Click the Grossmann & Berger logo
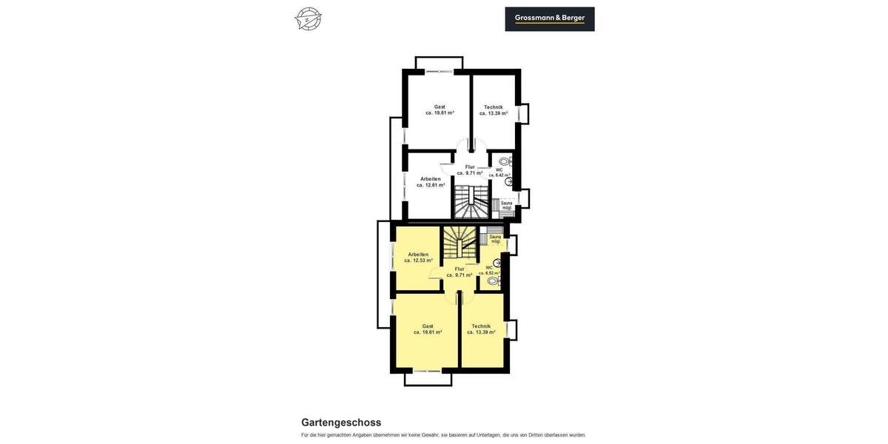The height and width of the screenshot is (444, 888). (x=550, y=18)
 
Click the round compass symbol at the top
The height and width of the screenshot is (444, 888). (x=308, y=18)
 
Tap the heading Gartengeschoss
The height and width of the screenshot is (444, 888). (x=341, y=423)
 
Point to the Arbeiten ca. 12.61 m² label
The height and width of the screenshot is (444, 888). (x=431, y=182)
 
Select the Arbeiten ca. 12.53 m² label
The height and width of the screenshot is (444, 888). (x=418, y=258)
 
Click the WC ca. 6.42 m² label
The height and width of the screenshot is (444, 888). (x=499, y=172)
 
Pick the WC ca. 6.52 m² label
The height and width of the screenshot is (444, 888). (x=489, y=270)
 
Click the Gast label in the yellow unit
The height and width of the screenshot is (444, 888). (x=428, y=329)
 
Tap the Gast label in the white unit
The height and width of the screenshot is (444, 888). (x=440, y=110)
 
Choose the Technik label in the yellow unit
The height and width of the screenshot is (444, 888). (x=481, y=329)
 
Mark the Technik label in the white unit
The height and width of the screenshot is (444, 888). (x=494, y=110)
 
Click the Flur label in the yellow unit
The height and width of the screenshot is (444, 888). (x=460, y=272)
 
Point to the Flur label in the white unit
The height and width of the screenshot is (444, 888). (x=470, y=170)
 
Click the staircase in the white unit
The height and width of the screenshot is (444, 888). (x=471, y=201)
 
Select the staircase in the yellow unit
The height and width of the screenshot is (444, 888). (x=459, y=243)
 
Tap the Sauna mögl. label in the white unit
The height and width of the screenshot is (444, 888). (x=506, y=205)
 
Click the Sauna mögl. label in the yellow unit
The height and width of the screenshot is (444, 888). (x=495, y=239)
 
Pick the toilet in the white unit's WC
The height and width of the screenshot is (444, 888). (x=505, y=161)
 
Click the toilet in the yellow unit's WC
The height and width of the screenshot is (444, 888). (x=493, y=281)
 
